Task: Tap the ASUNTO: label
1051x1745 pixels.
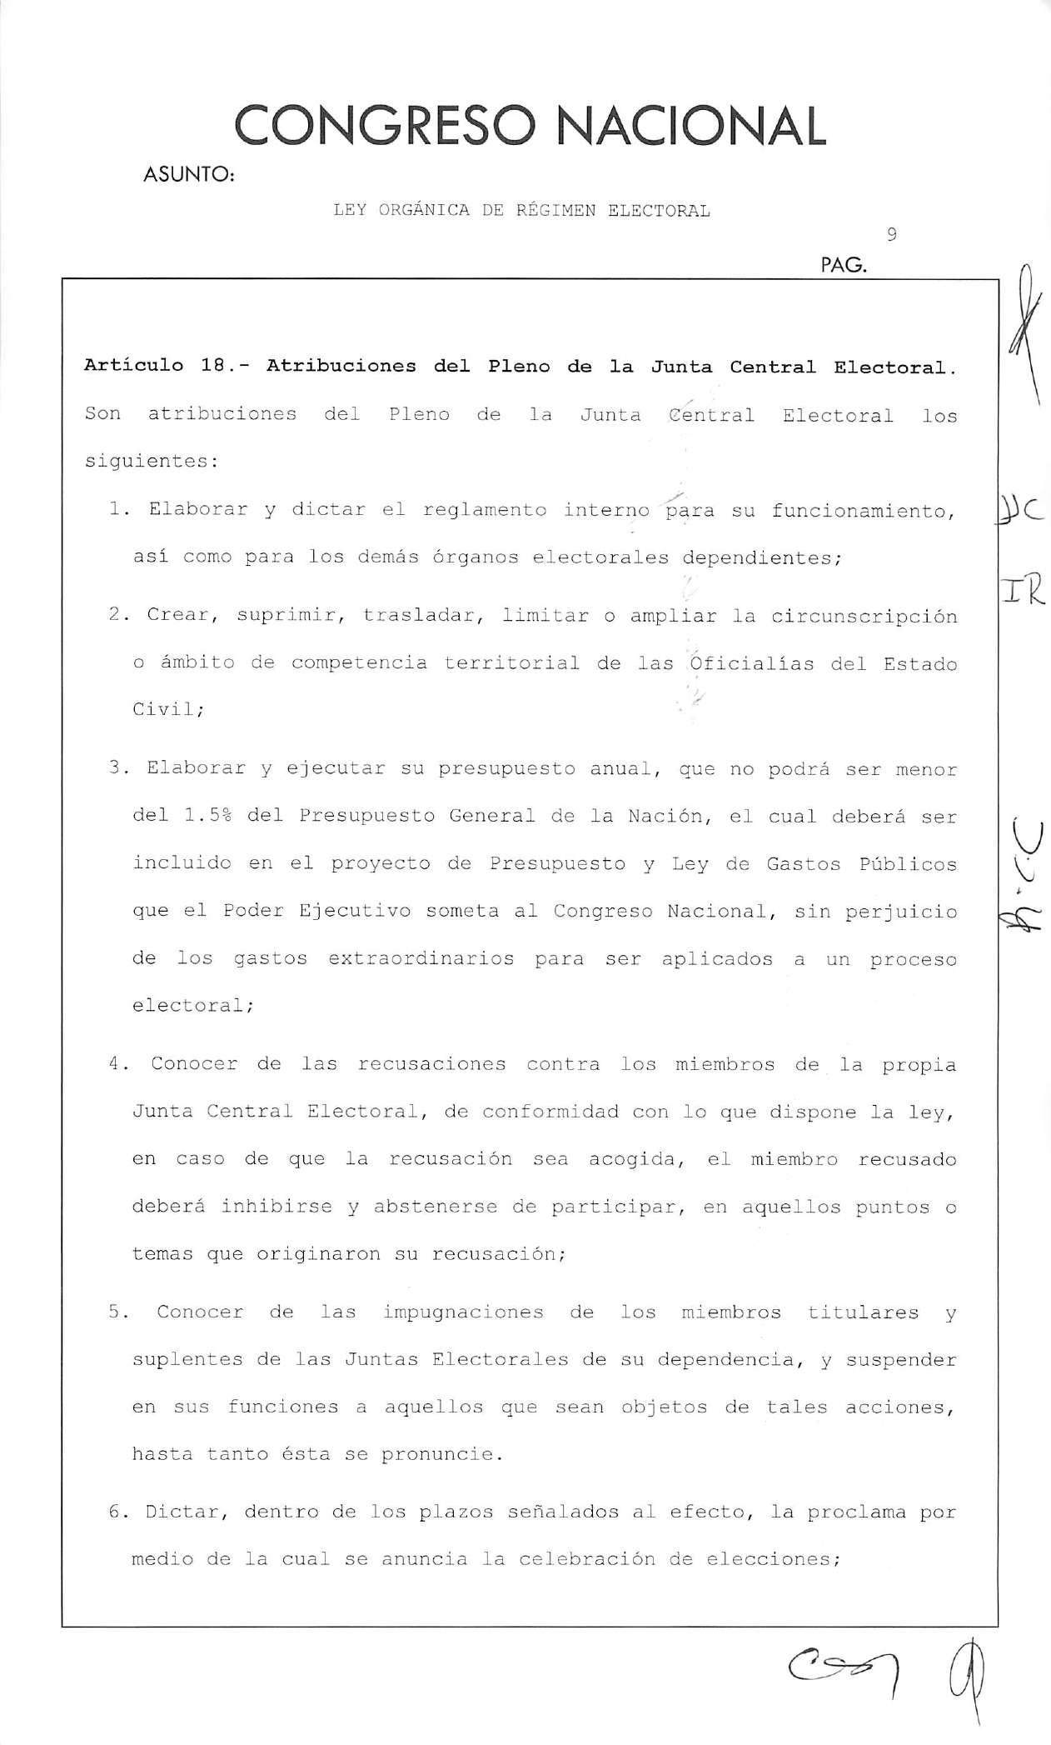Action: pos(189,176)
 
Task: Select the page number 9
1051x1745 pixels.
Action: pos(892,235)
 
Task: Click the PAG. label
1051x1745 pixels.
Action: pos(844,267)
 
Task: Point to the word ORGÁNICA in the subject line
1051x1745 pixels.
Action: pos(425,211)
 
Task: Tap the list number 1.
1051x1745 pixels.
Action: pos(117,510)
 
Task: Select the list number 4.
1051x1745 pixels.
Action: pos(117,1064)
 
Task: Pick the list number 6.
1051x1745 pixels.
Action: pos(117,1512)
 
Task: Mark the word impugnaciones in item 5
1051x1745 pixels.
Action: pos(463,1312)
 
